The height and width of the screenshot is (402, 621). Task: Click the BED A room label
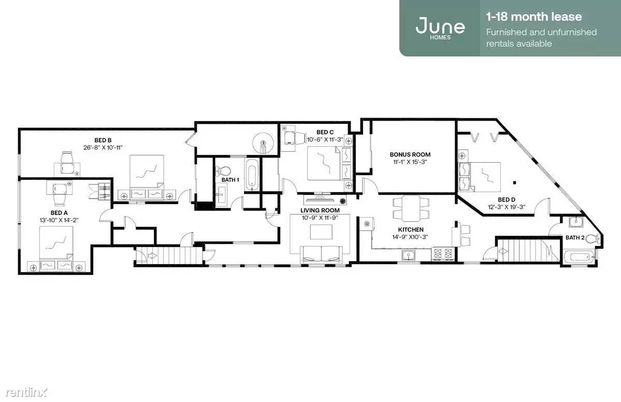59,213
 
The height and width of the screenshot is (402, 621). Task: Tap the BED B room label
103,140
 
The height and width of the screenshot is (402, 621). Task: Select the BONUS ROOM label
410,154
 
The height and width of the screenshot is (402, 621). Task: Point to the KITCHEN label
411,229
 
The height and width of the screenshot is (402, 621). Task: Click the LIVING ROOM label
320,211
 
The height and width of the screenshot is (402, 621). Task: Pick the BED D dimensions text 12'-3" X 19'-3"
507,207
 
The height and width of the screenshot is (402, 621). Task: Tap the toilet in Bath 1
224,171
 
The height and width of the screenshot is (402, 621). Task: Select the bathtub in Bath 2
579,256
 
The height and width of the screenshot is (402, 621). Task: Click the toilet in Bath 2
593,238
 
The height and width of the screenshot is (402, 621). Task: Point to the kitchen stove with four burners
443,253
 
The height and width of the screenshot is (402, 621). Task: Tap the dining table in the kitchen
411,208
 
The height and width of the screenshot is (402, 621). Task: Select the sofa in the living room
321,254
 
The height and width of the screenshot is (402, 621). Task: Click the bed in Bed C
324,164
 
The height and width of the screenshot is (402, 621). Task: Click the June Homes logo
440,28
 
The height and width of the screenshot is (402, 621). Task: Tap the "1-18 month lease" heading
534,17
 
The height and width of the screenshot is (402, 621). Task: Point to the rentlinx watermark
26,392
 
